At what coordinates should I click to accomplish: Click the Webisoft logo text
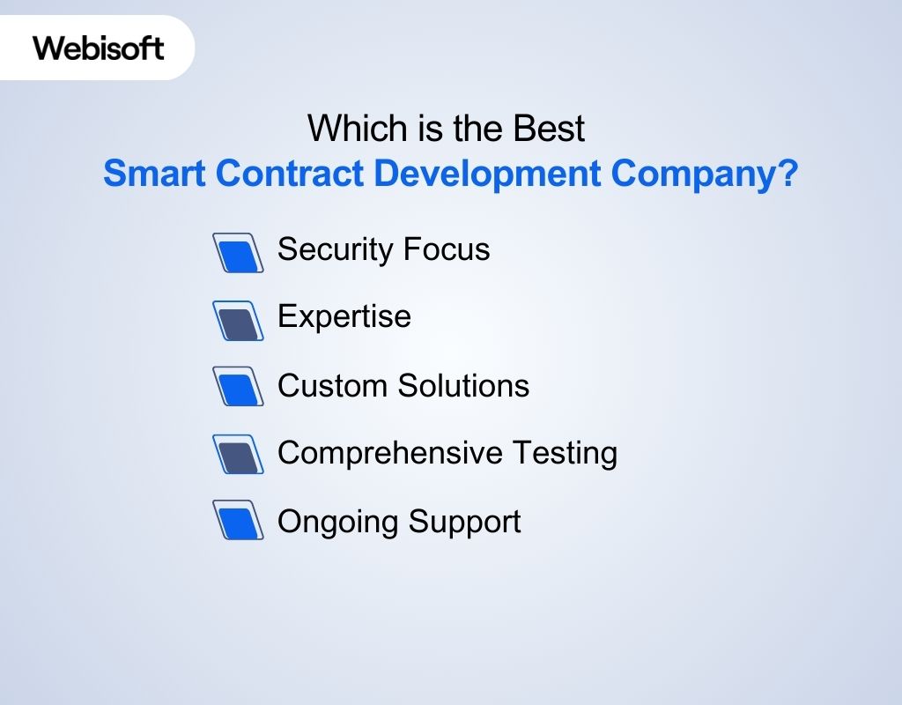click(x=99, y=47)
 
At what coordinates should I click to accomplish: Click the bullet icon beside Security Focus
click(x=239, y=253)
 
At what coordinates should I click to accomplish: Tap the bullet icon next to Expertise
click(x=239, y=321)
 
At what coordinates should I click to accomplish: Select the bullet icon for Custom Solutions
click(x=239, y=387)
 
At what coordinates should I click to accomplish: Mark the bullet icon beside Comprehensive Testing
click(x=239, y=454)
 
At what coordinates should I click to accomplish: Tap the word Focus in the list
click(x=447, y=249)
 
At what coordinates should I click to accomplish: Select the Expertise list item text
click(x=344, y=317)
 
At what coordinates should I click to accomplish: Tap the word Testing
click(x=565, y=453)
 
